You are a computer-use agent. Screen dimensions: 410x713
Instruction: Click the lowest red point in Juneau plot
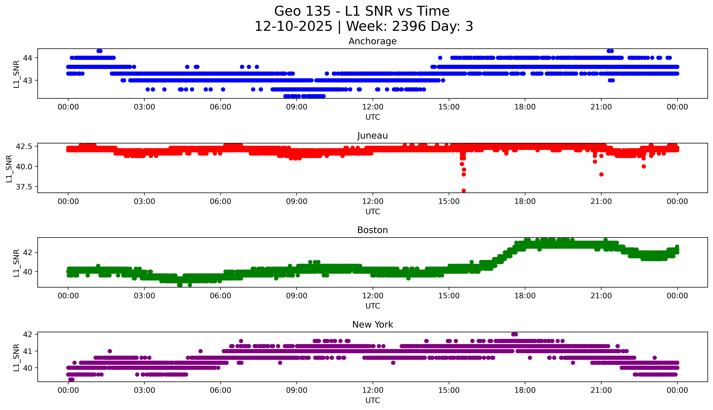(x=463, y=191)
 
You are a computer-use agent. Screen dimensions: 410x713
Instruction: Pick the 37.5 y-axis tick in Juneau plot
(x=24, y=187)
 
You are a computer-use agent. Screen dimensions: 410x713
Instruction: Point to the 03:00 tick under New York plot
(x=144, y=390)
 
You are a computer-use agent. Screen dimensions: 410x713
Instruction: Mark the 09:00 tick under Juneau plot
(x=297, y=201)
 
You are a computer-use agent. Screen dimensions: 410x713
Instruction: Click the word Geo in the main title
(x=287, y=11)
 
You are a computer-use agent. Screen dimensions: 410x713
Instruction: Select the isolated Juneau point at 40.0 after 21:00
(x=644, y=166)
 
